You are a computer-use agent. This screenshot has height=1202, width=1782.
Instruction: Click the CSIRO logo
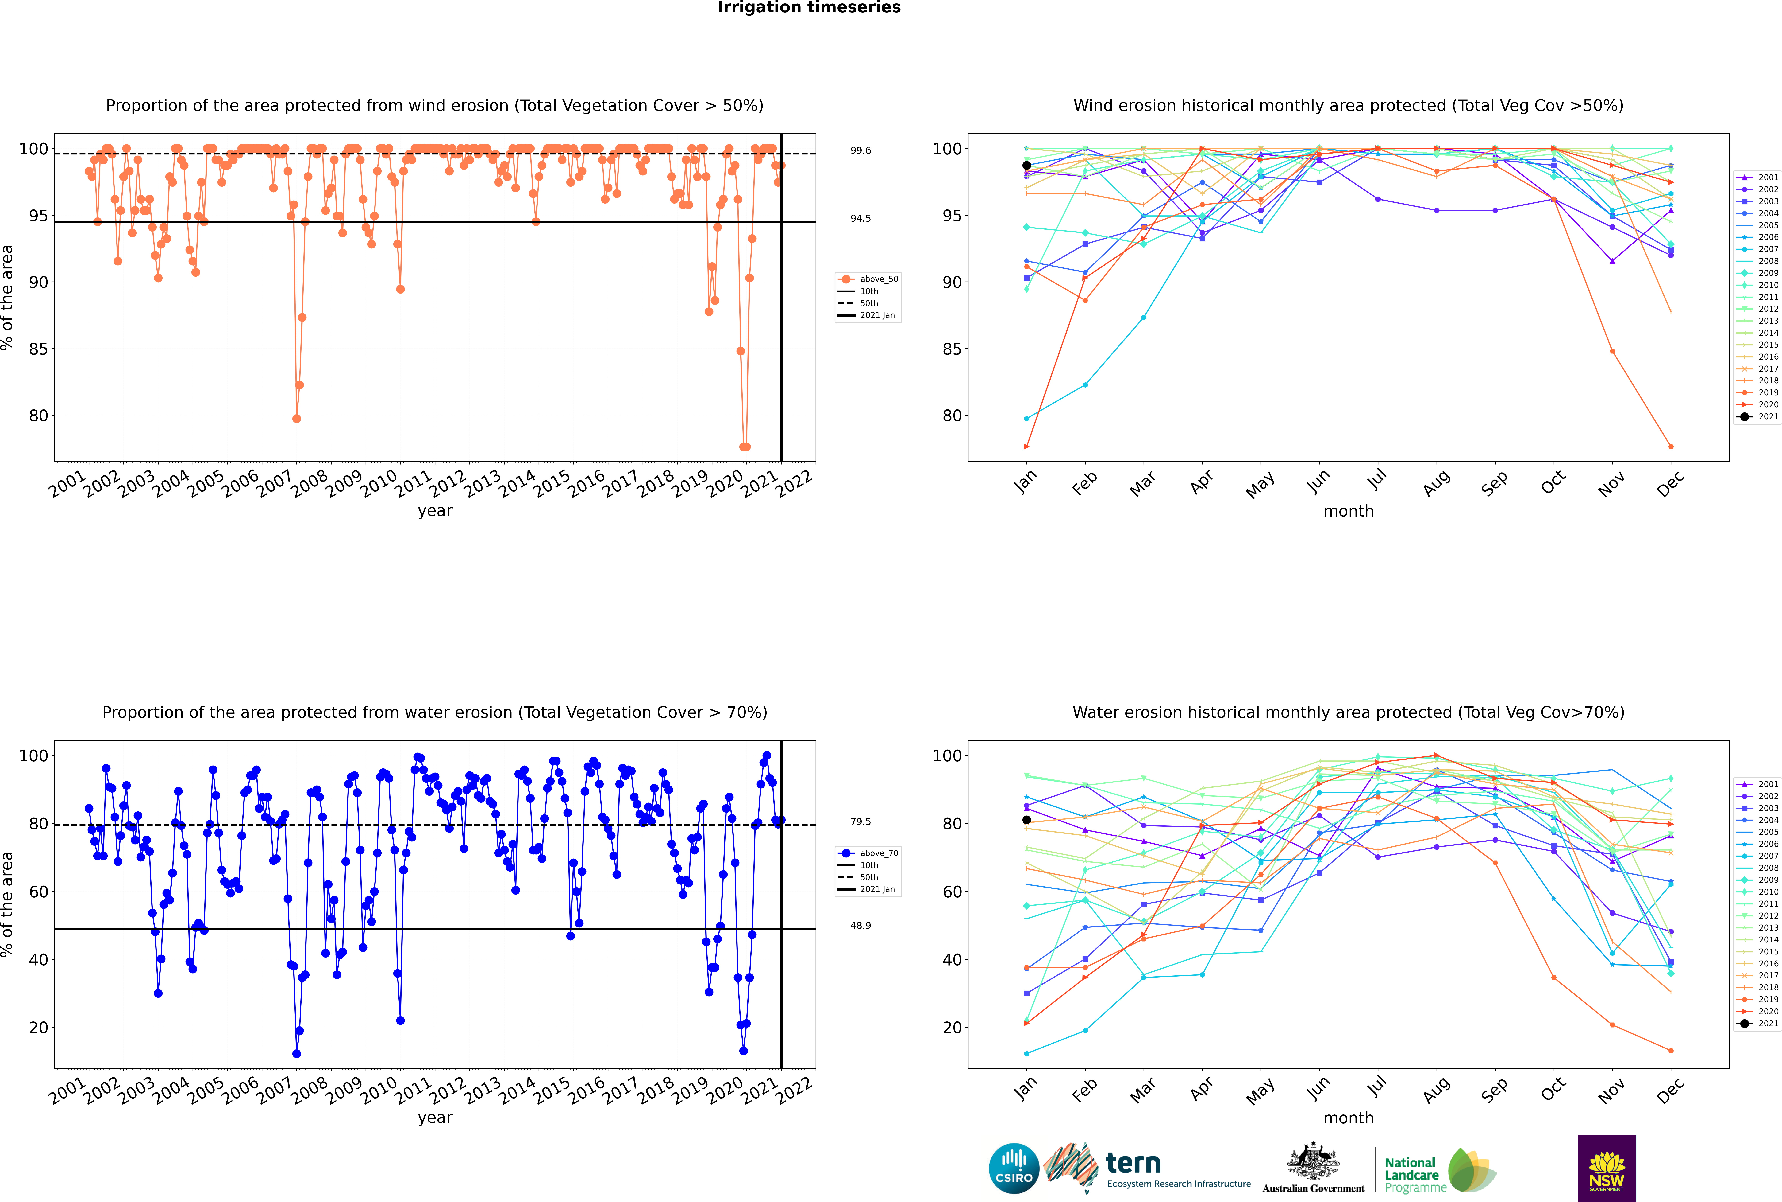point(1014,1168)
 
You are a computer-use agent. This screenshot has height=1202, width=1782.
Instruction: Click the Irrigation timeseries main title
point(809,8)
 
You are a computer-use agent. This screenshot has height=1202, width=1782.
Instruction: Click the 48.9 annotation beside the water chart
point(860,925)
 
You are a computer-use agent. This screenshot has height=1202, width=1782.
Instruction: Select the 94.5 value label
point(860,218)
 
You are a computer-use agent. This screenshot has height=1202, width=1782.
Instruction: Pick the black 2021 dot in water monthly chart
point(1027,819)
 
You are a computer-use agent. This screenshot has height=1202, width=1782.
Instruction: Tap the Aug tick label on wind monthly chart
point(1436,483)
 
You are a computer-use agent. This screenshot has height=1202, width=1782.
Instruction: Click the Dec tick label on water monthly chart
point(1670,1090)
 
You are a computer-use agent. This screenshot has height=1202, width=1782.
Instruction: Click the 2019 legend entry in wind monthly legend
point(1768,392)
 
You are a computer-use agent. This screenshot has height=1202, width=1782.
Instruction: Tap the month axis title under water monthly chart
point(1348,1118)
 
